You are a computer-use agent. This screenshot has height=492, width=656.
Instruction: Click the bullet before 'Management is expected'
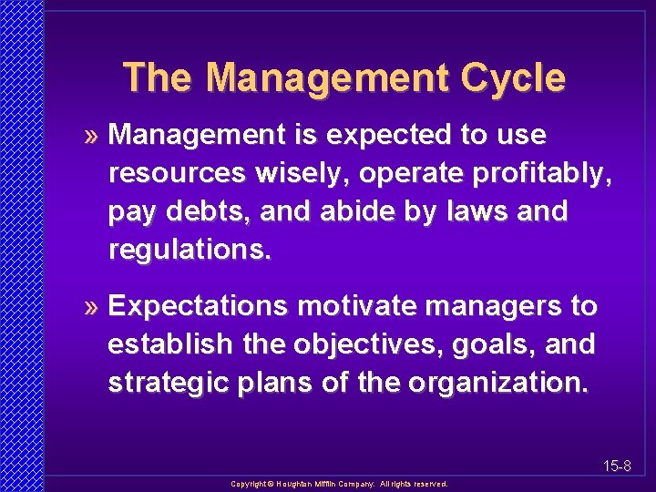click(94, 137)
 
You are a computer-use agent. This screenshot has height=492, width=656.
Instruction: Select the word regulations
click(190, 251)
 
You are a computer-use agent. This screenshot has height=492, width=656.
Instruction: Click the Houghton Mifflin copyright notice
click(339, 484)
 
